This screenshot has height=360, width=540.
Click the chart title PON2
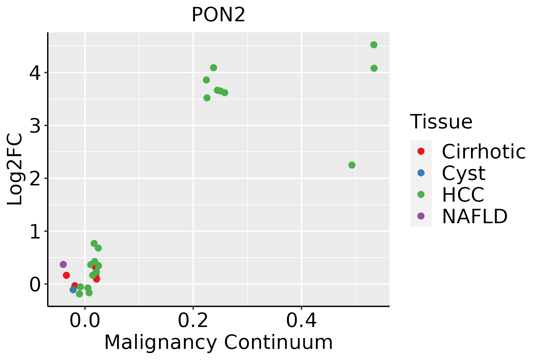tap(218, 15)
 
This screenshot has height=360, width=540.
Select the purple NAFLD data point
tap(63, 264)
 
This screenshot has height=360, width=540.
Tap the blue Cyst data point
tap(73, 289)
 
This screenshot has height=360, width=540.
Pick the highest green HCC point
tap(374, 45)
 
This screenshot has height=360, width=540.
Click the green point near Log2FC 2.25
tap(352, 165)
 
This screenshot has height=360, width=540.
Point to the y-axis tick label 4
tap(35, 73)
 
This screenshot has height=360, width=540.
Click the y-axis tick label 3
tap(35, 126)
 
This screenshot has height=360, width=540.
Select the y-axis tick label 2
tap(35, 178)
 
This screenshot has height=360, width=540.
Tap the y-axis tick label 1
tap(35, 231)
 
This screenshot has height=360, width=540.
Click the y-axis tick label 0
tap(35, 284)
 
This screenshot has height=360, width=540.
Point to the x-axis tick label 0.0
tap(85, 321)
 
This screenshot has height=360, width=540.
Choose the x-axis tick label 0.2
tap(193, 321)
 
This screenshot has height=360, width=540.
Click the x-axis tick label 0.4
tap(301, 321)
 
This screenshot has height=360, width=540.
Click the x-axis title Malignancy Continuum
tap(218, 342)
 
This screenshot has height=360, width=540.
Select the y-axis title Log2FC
tap(15, 169)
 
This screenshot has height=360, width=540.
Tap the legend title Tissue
tap(441, 122)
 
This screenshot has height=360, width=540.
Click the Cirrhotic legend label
tap(484, 151)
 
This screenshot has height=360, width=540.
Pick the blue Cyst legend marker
tap(421, 173)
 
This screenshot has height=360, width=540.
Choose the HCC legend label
tap(463, 194)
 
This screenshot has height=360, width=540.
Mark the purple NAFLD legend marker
tap(421, 216)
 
